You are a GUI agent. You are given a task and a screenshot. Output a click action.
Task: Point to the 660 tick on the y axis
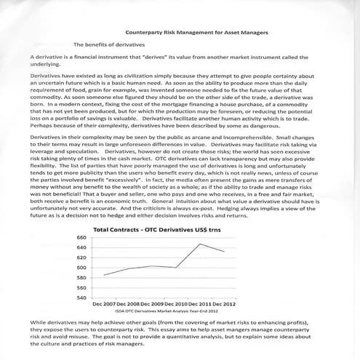pyautogui.click(x=82, y=238)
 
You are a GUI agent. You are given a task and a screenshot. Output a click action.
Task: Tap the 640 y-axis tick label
pyautogui.click(x=82, y=248)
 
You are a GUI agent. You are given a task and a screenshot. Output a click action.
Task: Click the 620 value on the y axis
pyautogui.click(x=82, y=257)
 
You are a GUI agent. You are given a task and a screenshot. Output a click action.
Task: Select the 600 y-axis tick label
pyautogui.click(x=82, y=268)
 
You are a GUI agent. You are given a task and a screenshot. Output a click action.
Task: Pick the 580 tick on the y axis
pyautogui.click(x=82, y=277)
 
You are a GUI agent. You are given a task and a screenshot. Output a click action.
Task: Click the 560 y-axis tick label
pyautogui.click(x=82, y=287)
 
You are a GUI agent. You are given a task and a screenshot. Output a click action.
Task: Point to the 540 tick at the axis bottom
pyautogui.click(x=82, y=297)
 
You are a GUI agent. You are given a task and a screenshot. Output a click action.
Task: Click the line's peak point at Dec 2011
pyautogui.click(x=200, y=244)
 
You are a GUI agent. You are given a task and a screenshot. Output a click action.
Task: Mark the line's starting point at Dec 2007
pyautogui.click(x=104, y=275)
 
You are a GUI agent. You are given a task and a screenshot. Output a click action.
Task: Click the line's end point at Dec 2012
pyautogui.click(x=223, y=252)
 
